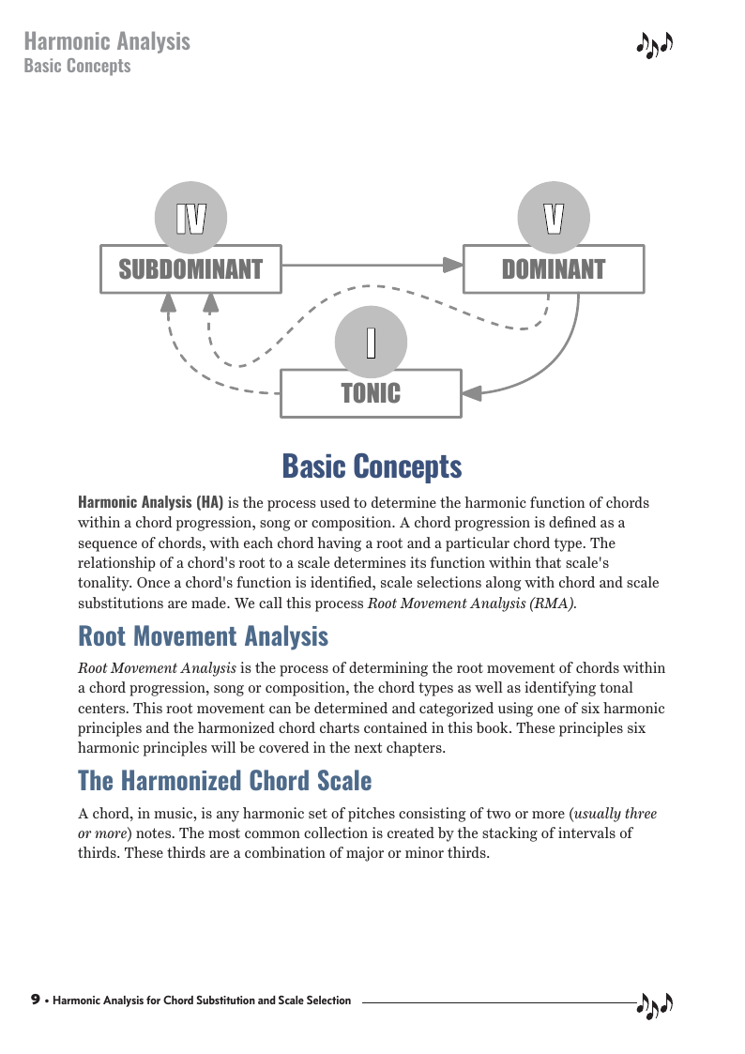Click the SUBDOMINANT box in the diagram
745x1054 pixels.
click(x=190, y=269)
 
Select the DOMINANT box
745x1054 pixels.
click(x=554, y=269)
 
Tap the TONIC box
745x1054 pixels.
click(x=371, y=393)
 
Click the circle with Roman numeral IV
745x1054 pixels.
click(x=190, y=218)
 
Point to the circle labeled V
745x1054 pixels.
click(x=554, y=218)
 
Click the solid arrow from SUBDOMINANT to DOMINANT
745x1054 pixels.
click(x=371, y=265)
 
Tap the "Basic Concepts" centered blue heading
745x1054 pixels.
click(x=372, y=466)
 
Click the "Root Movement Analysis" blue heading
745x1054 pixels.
click(x=203, y=636)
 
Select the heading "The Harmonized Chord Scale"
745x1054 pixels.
click(x=224, y=781)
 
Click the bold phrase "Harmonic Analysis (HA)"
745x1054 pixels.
click(x=150, y=502)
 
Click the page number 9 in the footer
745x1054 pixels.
click(x=36, y=1000)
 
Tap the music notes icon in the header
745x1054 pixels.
click(x=655, y=44)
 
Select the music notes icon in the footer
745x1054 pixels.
click(x=655, y=1004)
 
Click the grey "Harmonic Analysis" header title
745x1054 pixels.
click(x=107, y=41)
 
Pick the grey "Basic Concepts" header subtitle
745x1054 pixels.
click(x=77, y=66)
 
